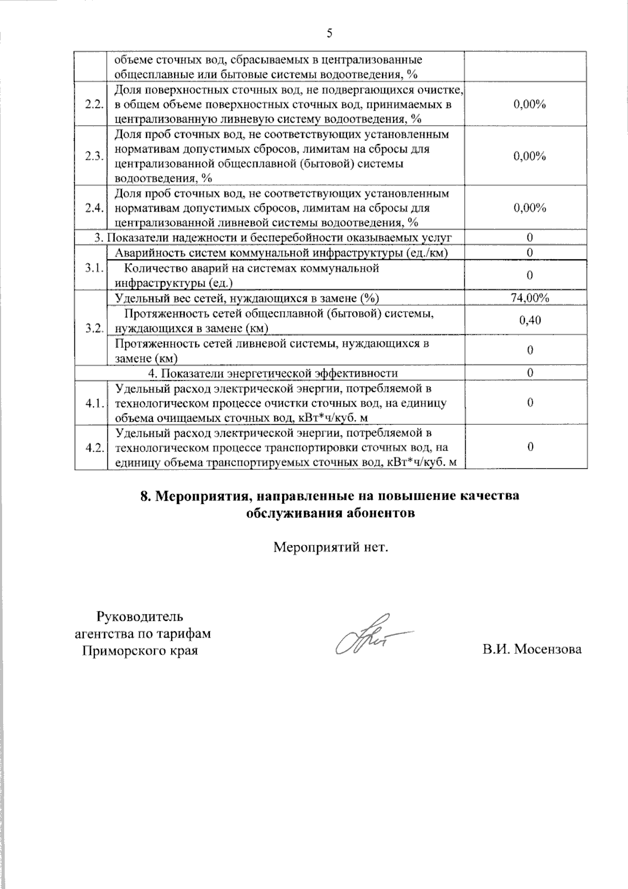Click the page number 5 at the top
tap(329, 34)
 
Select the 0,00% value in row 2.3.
tap(530, 156)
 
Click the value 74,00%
tap(530, 298)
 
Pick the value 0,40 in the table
tap(530, 320)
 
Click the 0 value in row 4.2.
tap(530, 447)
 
